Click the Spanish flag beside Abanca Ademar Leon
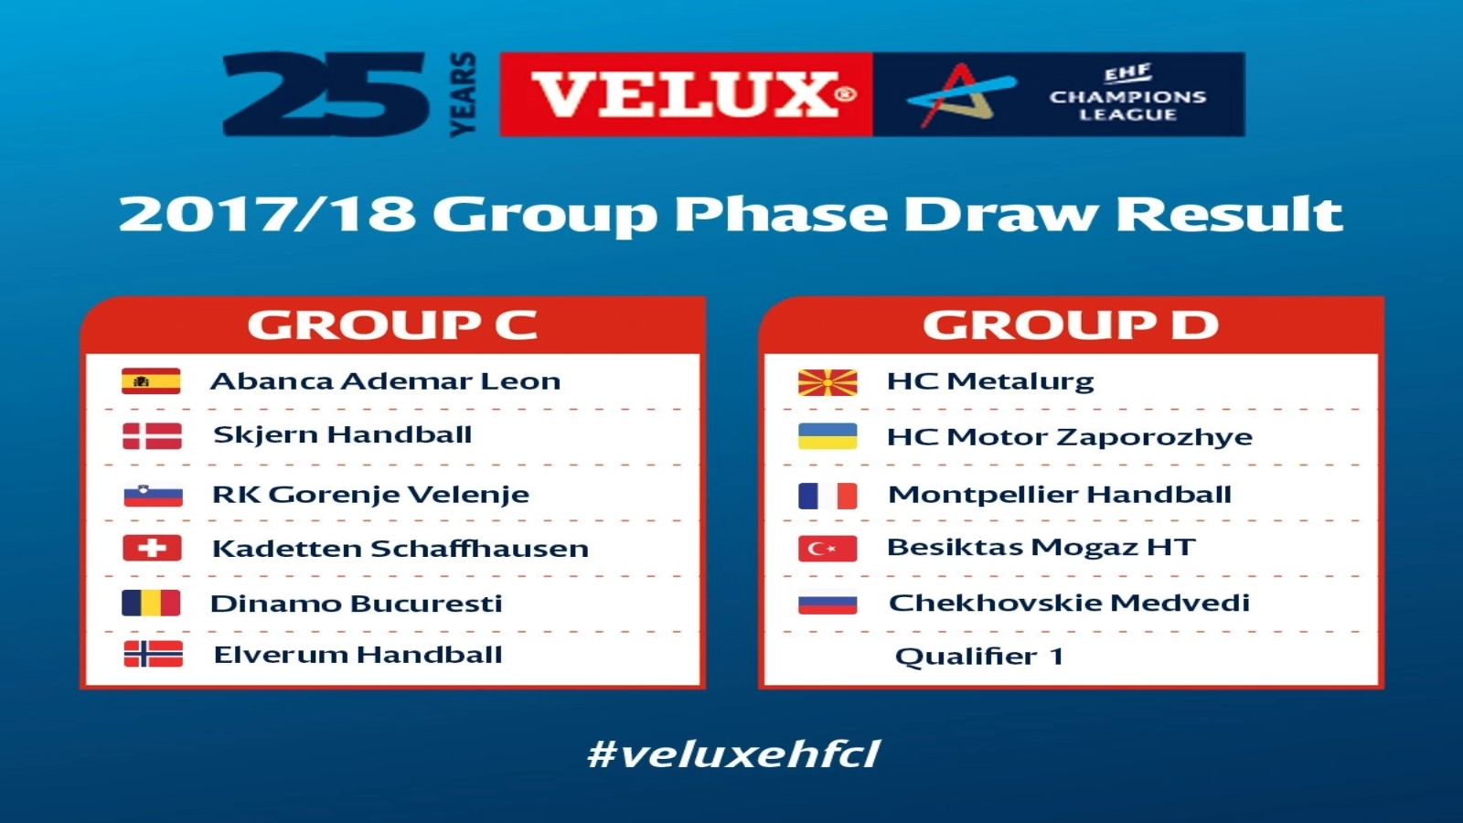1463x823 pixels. coord(151,381)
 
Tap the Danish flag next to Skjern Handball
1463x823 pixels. coord(152,436)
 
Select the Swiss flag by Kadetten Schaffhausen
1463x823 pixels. coord(152,548)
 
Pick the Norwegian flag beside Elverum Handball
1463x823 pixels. coord(154,654)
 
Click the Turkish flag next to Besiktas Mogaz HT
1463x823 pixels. coord(828,549)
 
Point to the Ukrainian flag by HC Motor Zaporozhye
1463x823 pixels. coord(828,436)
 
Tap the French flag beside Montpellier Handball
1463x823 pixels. coord(828,496)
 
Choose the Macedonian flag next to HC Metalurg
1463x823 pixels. coord(828,383)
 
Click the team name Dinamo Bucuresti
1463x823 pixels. coord(357,604)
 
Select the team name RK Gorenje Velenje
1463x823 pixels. coord(371,495)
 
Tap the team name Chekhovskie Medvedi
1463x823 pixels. coord(1069,603)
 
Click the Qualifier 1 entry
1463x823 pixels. coord(979,657)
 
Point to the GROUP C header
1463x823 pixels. coord(392,325)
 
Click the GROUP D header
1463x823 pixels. coord(1071,325)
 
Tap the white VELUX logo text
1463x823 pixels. coord(686,95)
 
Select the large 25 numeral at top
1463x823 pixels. coord(325,94)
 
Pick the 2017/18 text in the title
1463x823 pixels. coord(268,214)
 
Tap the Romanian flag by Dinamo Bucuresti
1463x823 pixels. coord(151,603)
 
